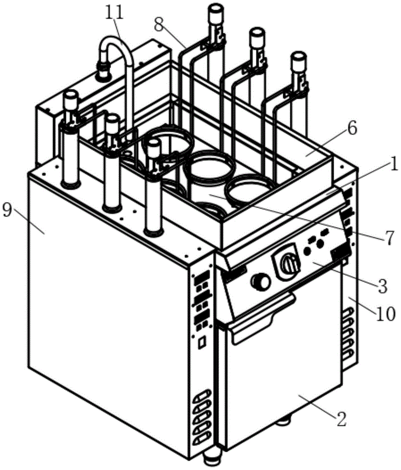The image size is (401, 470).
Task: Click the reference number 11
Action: [114, 13]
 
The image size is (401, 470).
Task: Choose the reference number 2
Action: [341, 419]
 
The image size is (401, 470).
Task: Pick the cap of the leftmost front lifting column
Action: [70, 98]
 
